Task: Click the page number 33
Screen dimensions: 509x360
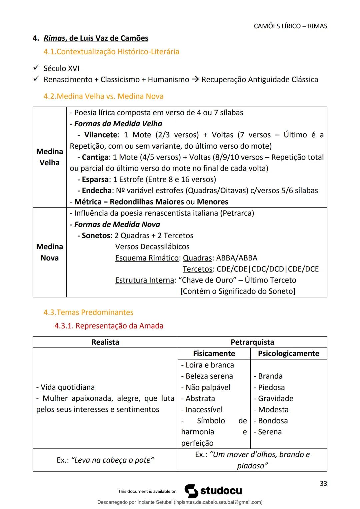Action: (x=323, y=483)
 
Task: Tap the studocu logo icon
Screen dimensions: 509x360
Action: (x=191, y=491)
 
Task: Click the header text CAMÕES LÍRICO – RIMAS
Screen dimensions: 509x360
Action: (x=290, y=26)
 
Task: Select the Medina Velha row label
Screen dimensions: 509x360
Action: (x=49, y=157)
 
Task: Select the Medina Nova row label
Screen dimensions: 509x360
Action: (x=49, y=252)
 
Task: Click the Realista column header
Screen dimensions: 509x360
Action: (x=105, y=342)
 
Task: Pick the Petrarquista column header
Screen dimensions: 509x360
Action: (x=252, y=342)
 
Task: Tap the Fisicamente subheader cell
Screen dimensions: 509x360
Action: (x=214, y=353)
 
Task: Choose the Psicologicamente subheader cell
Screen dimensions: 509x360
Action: (x=288, y=353)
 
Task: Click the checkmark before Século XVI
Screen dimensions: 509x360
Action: (x=36, y=68)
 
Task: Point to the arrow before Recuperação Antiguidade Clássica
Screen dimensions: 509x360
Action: (x=195, y=80)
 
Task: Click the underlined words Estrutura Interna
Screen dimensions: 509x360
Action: (x=145, y=280)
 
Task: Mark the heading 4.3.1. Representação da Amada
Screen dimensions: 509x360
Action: (x=109, y=326)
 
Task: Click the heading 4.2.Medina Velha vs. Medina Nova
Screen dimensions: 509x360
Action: (x=103, y=96)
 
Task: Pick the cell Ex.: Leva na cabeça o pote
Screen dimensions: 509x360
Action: (x=105, y=460)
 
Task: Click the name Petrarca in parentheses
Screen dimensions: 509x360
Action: (x=237, y=213)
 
